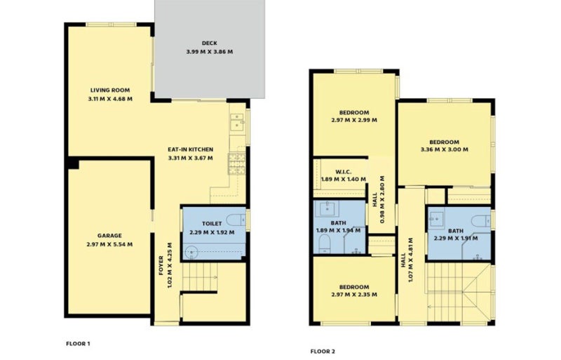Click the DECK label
click(209, 44)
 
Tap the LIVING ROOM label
click(110, 91)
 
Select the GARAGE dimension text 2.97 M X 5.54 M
click(109, 244)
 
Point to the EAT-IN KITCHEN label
click(190, 149)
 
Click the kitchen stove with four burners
click(237, 164)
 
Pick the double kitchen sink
click(237, 122)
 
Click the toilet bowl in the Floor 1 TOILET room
click(236, 220)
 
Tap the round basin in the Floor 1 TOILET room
click(192, 252)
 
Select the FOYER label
click(161, 265)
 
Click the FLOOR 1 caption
click(78, 344)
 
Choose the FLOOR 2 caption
click(323, 352)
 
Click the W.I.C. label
click(344, 172)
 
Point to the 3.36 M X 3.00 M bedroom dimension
click(445, 149)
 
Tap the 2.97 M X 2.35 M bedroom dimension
click(354, 295)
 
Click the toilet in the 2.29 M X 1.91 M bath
click(480, 220)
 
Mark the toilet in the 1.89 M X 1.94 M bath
click(325, 244)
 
